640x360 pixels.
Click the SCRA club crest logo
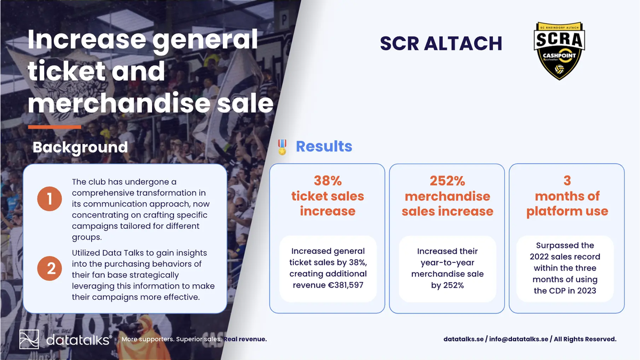tap(559, 51)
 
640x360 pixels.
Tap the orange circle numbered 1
tap(50, 199)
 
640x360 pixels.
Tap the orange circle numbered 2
tap(50, 268)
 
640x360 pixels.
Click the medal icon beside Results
tap(282, 147)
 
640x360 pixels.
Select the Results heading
tap(324, 146)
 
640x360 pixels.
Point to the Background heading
tap(80, 147)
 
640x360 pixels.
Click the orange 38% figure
tap(327, 181)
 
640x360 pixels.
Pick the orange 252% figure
tap(447, 181)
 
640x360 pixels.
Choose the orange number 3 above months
tap(567, 181)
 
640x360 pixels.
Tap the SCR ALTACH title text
tap(441, 43)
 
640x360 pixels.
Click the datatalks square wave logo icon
tap(29, 339)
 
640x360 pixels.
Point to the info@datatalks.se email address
tap(518, 339)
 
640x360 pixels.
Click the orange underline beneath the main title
tap(54, 127)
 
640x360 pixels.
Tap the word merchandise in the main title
tap(119, 103)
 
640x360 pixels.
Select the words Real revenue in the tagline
tap(245, 339)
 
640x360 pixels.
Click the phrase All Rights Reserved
tap(585, 339)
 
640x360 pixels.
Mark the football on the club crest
tap(559, 69)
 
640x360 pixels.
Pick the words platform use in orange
tap(567, 211)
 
